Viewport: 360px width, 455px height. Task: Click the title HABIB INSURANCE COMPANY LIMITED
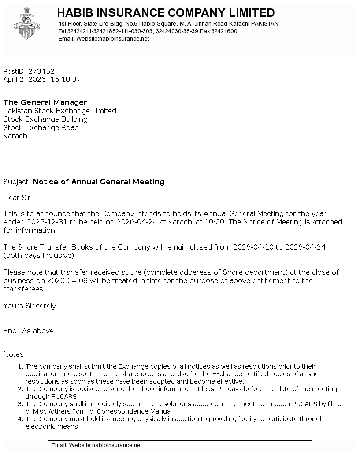pyautogui.click(x=166, y=13)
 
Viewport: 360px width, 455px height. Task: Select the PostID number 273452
pyautogui.click(x=41, y=71)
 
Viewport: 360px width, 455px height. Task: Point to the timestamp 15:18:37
pyautogui.click(x=66, y=79)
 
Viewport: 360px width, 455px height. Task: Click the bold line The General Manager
pyautogui.click(x=45, y=102)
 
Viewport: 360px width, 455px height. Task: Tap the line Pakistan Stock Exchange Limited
pyautogui.click(x=60, y=111)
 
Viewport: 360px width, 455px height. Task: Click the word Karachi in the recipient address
pyautogui.click(x=16, y=136)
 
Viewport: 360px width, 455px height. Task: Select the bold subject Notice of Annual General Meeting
pyautogui.click(x=99, y=182)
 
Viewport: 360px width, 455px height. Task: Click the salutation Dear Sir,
pyautogui.click(x=18, y=197)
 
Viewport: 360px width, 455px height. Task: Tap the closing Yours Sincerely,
pyautogui.click(x=30, y=306)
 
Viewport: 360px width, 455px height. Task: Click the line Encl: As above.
pyautogui.click(x=30, y=331)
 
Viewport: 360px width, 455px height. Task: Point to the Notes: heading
pyautogui.click(x=15, y=354)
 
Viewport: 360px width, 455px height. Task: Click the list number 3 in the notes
pyautogui.click(x=20, y=404)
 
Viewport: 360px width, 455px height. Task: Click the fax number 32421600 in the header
pyautogui.click(x=224, y=31)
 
